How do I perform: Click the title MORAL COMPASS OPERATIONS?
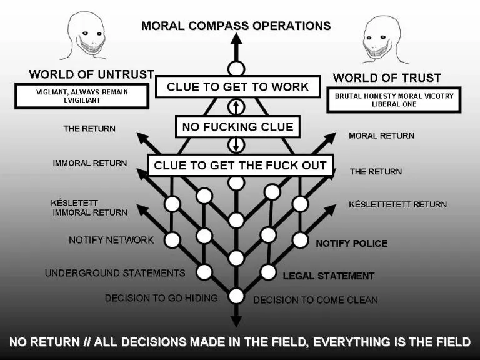pos(236,26)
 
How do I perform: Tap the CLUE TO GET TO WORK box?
pos(237,86)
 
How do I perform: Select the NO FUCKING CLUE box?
pos(237,127)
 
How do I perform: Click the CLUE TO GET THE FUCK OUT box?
pos(240,166)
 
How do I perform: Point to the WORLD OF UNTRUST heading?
pos(91,74)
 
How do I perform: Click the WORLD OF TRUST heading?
pos(387,78)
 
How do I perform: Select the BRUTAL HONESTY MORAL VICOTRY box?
pos(394,100)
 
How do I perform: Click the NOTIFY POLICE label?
pos(351,244)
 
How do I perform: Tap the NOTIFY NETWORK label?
pos(111,240)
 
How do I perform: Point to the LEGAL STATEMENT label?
pos(329,276)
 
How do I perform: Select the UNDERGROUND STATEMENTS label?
pos(115,273)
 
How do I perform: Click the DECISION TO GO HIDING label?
pos(161,298)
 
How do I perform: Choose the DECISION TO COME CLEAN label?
pos(316,300)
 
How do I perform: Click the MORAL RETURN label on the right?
pos(381,136)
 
